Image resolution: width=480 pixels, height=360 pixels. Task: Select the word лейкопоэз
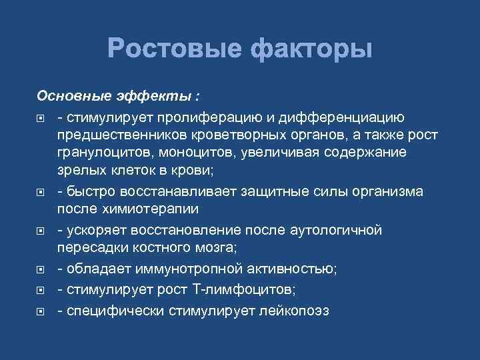[x=296, y=311]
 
